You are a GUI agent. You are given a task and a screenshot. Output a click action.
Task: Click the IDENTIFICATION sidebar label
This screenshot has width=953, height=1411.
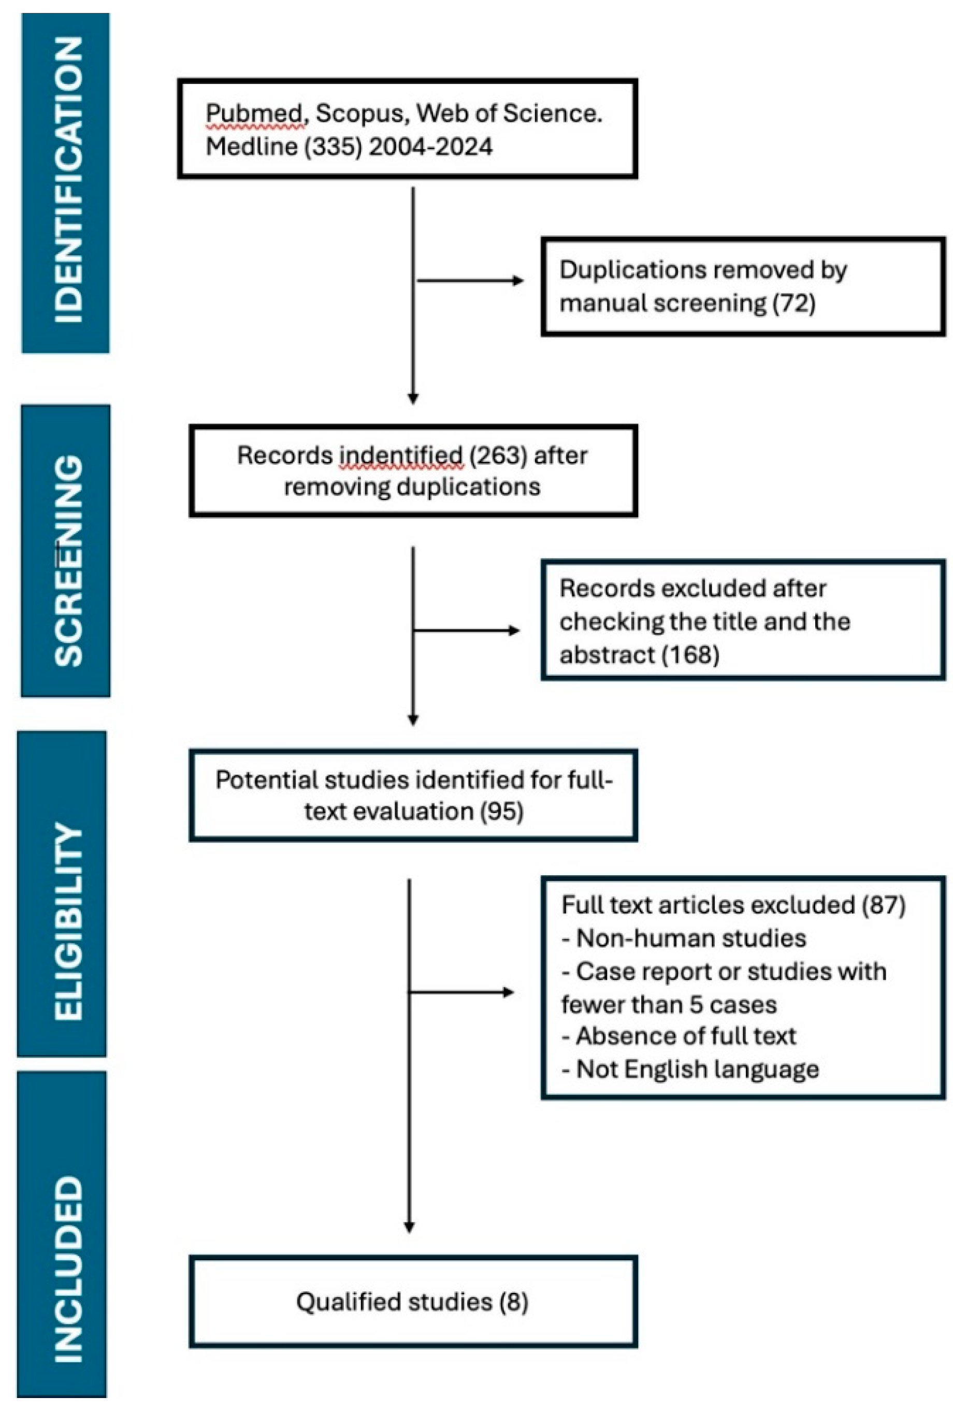[67, 180]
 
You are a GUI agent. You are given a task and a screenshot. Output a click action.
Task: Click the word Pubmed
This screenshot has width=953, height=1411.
[254, 113]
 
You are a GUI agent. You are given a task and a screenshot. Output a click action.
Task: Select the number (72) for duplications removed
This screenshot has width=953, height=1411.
[794, 303]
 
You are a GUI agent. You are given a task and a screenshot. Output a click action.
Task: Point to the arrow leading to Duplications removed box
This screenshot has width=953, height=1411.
[470, 280]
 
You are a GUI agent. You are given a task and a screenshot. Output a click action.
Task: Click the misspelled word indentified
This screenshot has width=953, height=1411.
[401, 455]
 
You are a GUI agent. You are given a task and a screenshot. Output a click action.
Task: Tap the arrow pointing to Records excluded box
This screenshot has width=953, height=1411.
[466, 630]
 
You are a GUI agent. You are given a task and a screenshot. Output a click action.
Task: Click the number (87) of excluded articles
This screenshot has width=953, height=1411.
[884, 905]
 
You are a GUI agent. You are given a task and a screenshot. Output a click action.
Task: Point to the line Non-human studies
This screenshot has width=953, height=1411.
[684, 938]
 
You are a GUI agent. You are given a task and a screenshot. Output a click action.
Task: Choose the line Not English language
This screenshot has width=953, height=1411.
[690, 1068]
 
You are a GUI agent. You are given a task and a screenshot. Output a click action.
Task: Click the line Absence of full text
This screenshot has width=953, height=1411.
[678, 1036]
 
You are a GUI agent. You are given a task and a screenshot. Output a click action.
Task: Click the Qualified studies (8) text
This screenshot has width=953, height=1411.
[412, 1301]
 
